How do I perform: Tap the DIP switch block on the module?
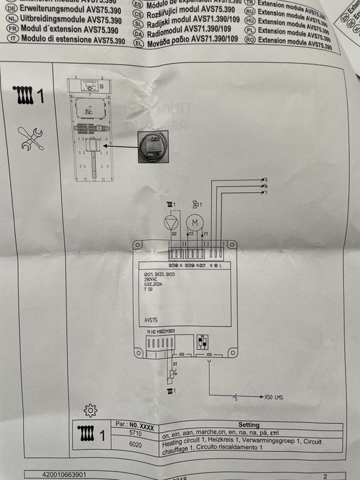[202, 341]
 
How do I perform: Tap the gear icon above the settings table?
[90, 410]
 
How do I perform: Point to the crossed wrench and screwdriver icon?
[31, 138]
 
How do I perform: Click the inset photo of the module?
[154, 147]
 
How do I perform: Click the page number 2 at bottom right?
[325, 474]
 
